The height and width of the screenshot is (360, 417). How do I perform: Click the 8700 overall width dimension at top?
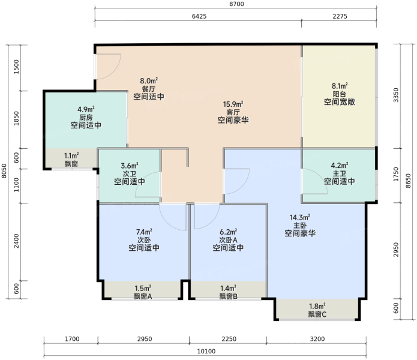236,4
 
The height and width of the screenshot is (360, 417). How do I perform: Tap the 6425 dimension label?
199,16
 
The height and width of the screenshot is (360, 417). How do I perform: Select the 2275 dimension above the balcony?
340,16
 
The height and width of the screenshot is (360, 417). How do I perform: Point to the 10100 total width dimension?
206,351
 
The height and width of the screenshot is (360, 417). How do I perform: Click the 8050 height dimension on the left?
4,170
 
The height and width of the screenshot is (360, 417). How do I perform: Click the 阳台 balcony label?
340,94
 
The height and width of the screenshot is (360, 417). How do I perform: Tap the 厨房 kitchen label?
86,117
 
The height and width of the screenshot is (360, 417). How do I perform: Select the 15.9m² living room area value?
233,104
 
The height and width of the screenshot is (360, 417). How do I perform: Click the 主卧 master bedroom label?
300,226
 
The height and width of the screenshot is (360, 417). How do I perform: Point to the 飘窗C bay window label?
317,314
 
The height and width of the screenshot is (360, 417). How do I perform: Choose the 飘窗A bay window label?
143,296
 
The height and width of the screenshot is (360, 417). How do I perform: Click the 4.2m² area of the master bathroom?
340,166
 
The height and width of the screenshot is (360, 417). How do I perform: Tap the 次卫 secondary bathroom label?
130,173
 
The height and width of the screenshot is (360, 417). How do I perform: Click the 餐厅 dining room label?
149,89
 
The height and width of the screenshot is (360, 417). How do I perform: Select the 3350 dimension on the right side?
396,95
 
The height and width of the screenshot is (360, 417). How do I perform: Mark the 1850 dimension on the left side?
16,119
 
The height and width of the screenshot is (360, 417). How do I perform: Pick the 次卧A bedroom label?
228,240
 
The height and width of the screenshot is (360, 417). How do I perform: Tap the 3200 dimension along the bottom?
317,339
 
